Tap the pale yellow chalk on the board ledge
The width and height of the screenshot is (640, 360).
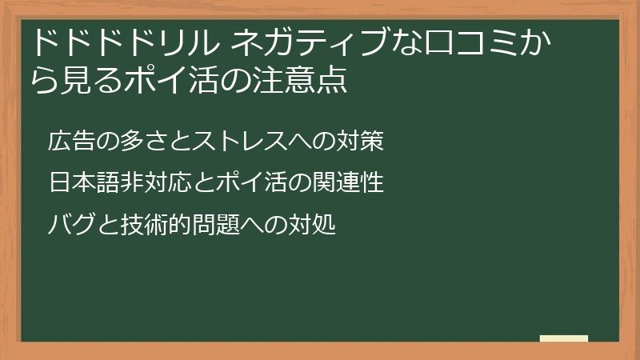point(564,338)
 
